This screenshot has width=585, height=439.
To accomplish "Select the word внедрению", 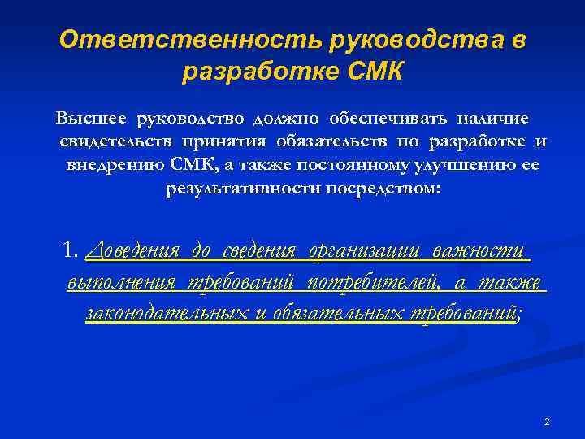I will click(x=110, y=166).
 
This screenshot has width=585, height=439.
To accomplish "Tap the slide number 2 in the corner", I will click(x=547, y=422).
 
